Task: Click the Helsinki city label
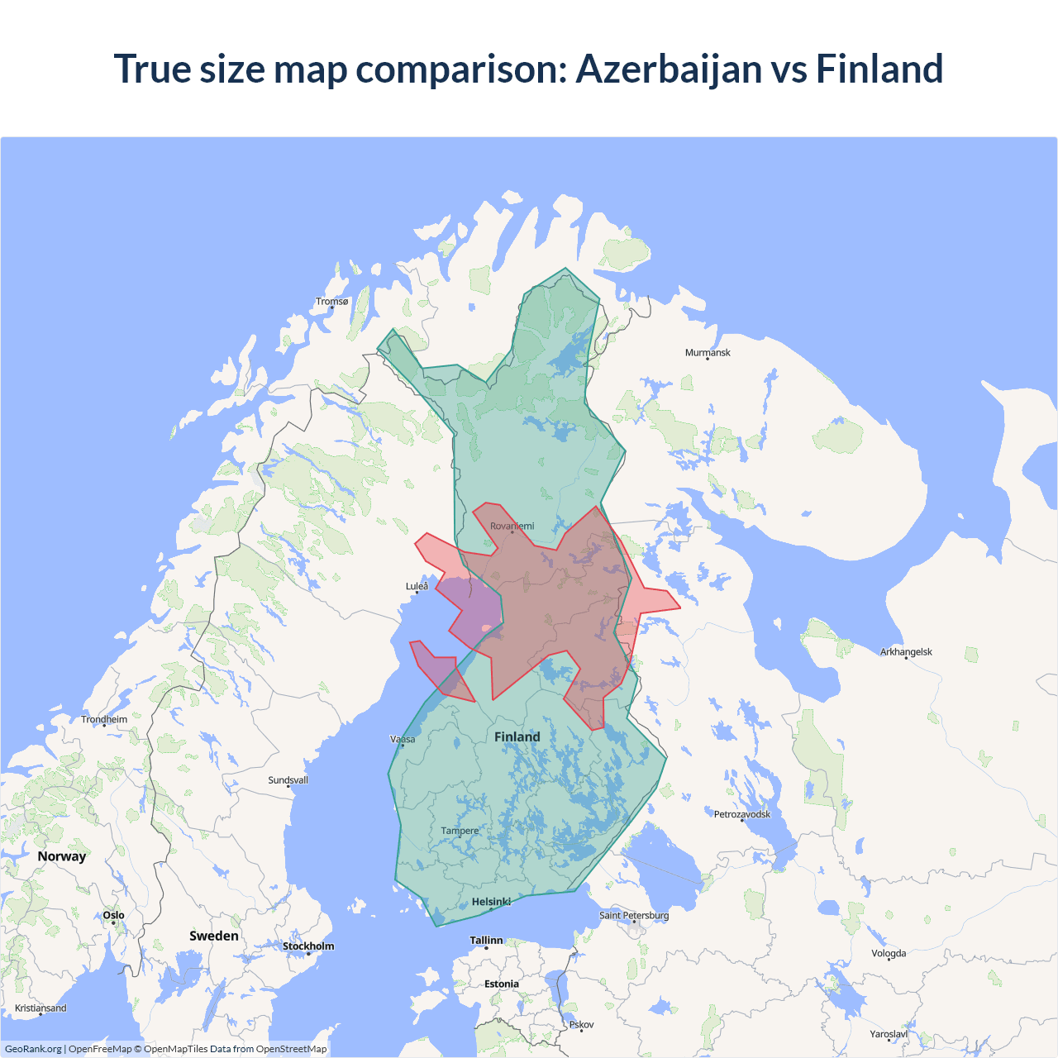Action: [491, 902]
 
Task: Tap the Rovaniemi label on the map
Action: [512, 526]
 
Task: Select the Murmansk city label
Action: [708, 352]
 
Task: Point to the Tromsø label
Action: [332, 301]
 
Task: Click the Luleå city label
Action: [417, 586]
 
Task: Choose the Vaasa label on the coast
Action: [403, 739]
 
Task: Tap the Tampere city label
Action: [460, 831]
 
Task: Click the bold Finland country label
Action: [517, 736]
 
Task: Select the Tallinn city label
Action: [486, 940]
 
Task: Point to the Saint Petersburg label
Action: [634, 915]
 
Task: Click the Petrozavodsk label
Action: [741, 814]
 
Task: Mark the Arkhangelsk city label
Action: [906, 651]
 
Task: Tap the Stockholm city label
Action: [308, 946]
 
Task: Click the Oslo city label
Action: [114, 915]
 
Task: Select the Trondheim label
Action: [104, 719]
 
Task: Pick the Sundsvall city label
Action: [288, 779]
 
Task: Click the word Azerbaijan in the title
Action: [668, 69]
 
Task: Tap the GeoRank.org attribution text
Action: [33, 1049]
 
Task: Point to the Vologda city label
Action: [889, 953]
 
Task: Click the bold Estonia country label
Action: [502, 984]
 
